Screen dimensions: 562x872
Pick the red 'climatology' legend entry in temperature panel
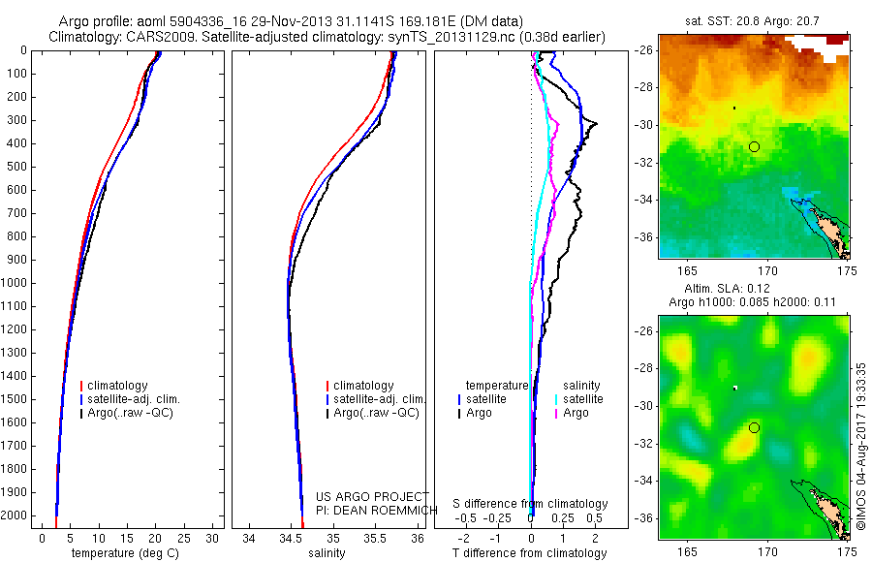(115, 386)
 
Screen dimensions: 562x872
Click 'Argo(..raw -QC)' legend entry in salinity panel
(376, 413)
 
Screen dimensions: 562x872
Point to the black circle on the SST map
(754, 146)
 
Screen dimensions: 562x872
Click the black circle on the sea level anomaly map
(754, 427)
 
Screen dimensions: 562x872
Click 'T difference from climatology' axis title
(530, 553)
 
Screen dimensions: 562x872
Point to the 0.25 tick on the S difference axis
(563, 519)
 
